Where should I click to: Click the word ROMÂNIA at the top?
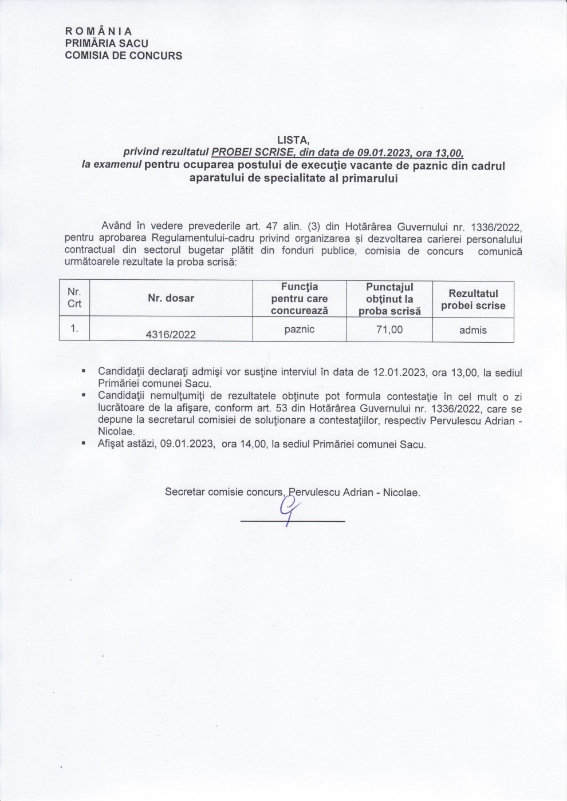pyautogui.click(x=99, y=31)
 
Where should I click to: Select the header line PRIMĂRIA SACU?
pyautogui.click(x=107, y=43)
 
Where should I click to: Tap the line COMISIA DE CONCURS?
pyautogui.click(x=124, y=55)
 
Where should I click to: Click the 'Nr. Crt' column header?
pyautogui.click(x=74, y=298)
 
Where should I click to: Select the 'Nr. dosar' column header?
pyautogui.click(x=171, y=298)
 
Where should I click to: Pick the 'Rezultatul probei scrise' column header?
pyautogui.click(x=473, y=300)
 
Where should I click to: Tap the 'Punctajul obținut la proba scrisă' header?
pyautogui.click(x=389, y=299)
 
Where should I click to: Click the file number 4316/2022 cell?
pyautogui.click(x=171, y=334)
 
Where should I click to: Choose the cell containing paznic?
pyautogui.click(x=299, y=330)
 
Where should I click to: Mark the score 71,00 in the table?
pyautogui.click(x=389, y=330)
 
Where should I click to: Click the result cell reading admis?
pyautogui.click(x=473, y=330)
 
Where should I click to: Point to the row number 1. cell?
pyautogui.click(x=74, y=328)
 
